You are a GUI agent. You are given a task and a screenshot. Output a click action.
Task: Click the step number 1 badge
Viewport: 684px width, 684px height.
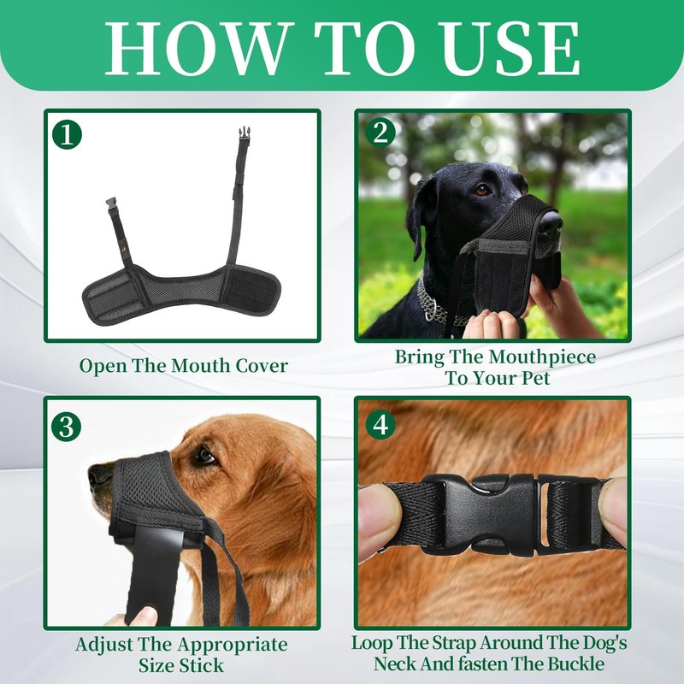point(67,133)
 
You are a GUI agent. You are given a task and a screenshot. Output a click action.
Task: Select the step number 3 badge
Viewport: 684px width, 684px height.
point(67,425)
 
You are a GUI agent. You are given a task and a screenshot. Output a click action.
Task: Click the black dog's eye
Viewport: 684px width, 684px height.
point(482,189)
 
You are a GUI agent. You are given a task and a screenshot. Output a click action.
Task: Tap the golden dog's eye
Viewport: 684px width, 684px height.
point(204,457)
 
